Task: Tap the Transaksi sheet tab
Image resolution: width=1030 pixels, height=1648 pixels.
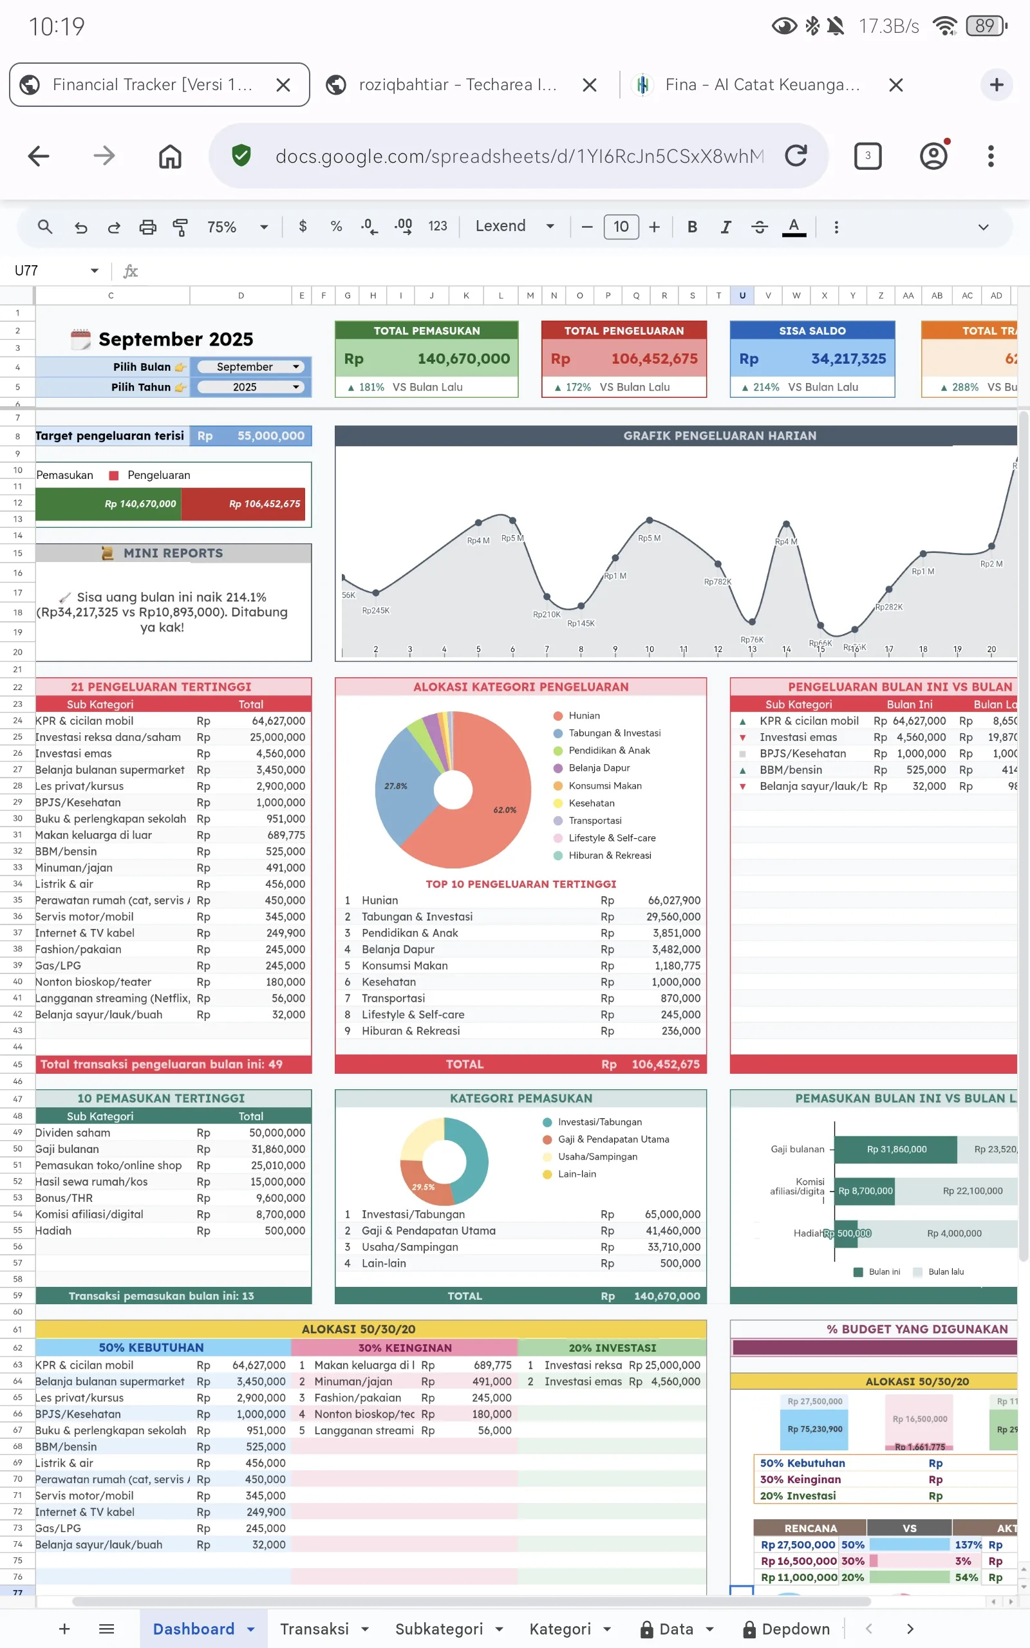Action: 314,1628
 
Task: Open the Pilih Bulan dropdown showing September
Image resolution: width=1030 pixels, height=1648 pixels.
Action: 249,366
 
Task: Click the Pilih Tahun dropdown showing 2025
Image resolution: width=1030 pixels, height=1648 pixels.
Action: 249,387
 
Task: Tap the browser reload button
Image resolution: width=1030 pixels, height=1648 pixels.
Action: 795,156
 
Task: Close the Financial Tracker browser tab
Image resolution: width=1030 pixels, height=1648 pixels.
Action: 283,85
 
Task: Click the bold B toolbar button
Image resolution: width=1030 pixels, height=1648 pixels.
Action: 692,227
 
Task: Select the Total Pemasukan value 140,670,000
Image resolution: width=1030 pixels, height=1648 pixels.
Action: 464,359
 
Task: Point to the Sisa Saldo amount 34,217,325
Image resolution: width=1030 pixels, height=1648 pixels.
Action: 848,359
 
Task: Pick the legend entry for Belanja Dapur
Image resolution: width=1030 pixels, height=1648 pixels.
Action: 599,767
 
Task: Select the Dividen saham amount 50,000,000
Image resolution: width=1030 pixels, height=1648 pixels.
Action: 277,1132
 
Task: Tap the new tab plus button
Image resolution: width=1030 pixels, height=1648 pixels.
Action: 996,85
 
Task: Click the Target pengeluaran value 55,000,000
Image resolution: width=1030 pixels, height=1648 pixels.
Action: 270,436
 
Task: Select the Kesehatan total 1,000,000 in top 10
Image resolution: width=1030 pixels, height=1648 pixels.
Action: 675,981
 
